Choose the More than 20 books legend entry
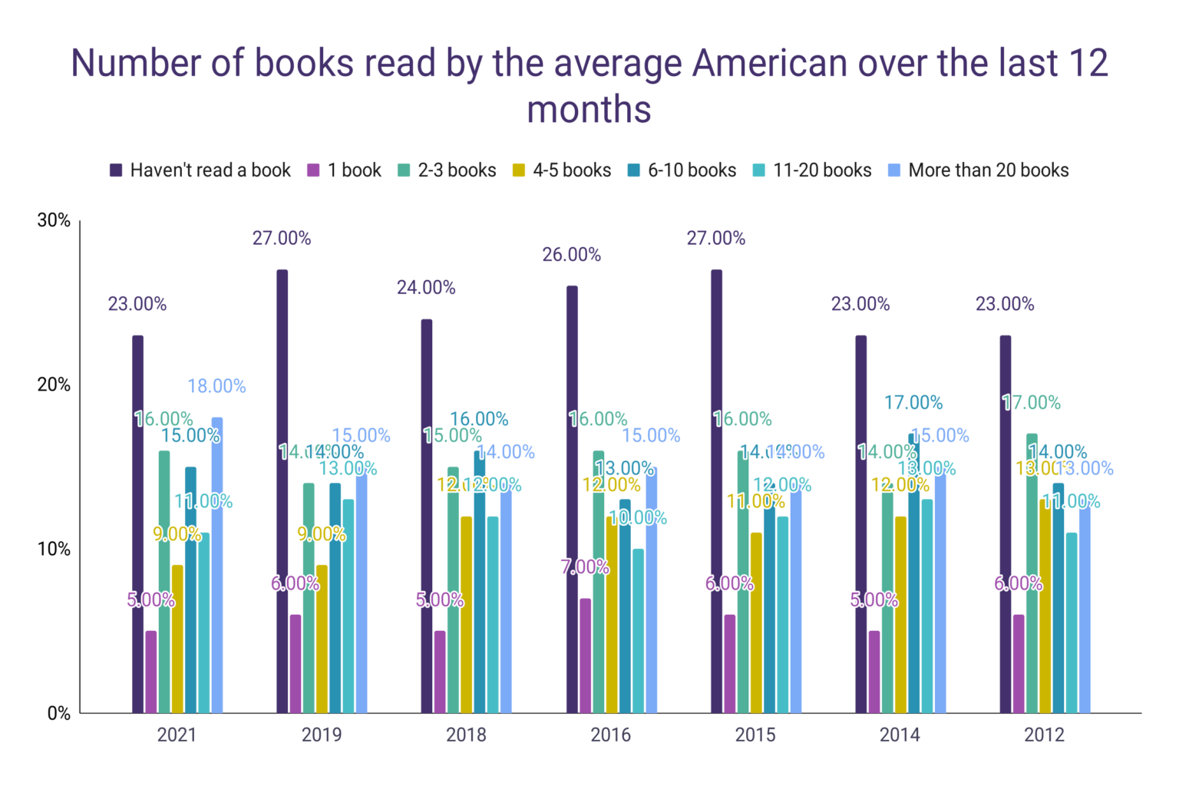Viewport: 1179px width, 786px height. (979, 170)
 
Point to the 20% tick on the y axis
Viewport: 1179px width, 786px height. (54, 385)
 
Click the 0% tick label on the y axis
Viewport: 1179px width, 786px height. (58, 713)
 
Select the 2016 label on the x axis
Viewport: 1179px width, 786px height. (610, 735)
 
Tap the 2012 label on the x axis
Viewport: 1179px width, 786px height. (1044, 735)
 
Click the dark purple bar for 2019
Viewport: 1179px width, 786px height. (282, 491)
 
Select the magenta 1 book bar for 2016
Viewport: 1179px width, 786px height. (585, 656)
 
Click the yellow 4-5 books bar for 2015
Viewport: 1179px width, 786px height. (756, 623)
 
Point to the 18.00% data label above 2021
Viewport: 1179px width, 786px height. (216, 386)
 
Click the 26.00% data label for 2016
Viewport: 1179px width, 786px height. (571, 255)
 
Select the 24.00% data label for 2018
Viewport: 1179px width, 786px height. (426, 288)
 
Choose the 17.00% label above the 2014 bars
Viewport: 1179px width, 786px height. (913, 403)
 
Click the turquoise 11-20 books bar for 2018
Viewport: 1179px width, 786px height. (493, 615)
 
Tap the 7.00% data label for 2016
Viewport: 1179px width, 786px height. (585, 567)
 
